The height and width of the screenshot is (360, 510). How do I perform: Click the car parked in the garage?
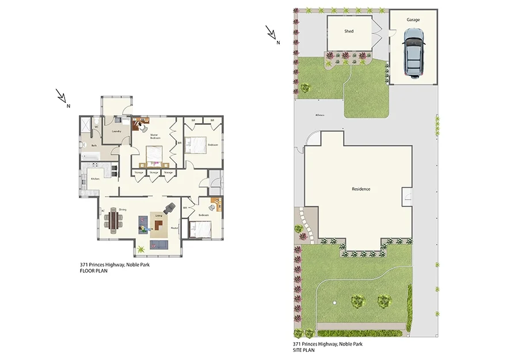[413, 53]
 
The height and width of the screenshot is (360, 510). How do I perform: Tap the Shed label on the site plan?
[349, 31]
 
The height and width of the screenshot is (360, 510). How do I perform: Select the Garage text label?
[413, 20]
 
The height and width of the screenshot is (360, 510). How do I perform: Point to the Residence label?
[361, 189]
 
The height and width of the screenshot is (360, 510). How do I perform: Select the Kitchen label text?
[95, 179]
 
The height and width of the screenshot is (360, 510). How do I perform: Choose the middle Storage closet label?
[153, 173]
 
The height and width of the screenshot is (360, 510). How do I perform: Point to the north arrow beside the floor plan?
[62, 97]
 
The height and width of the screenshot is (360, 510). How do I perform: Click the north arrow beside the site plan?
[272, 33]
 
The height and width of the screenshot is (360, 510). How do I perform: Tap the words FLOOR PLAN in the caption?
[94, 270]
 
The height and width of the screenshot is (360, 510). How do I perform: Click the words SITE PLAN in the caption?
[304, 350]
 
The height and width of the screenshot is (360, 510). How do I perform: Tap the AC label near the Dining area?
[102, 211]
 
